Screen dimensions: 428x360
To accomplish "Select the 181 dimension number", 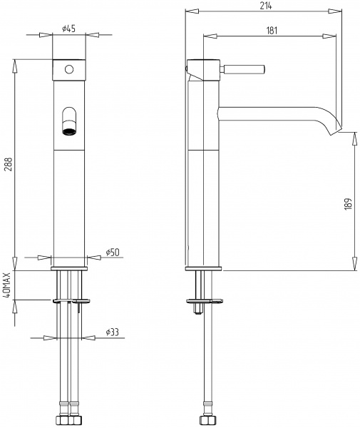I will [x=272, y=31].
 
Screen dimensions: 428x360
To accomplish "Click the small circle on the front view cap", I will [x=69, y=70].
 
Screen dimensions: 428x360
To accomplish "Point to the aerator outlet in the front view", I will [x=69, y=131].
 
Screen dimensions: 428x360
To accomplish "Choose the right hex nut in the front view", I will [x=76, y=420].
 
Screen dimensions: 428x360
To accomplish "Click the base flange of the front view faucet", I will [x=69, y=268].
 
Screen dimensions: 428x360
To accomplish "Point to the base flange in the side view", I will [x=203, y=268].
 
